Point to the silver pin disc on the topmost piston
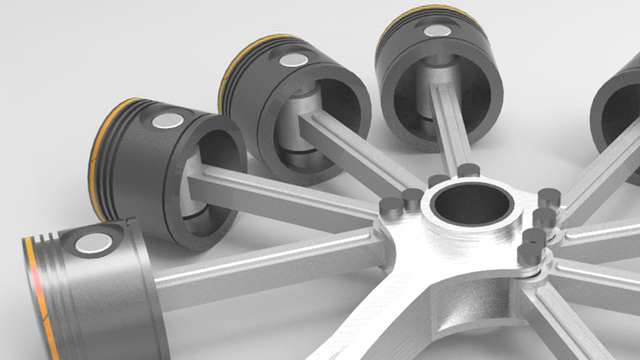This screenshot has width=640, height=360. coord(437,31)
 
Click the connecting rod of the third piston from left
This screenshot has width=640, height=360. coord(360,153)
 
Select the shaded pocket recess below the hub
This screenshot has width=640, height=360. coord(473,310)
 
